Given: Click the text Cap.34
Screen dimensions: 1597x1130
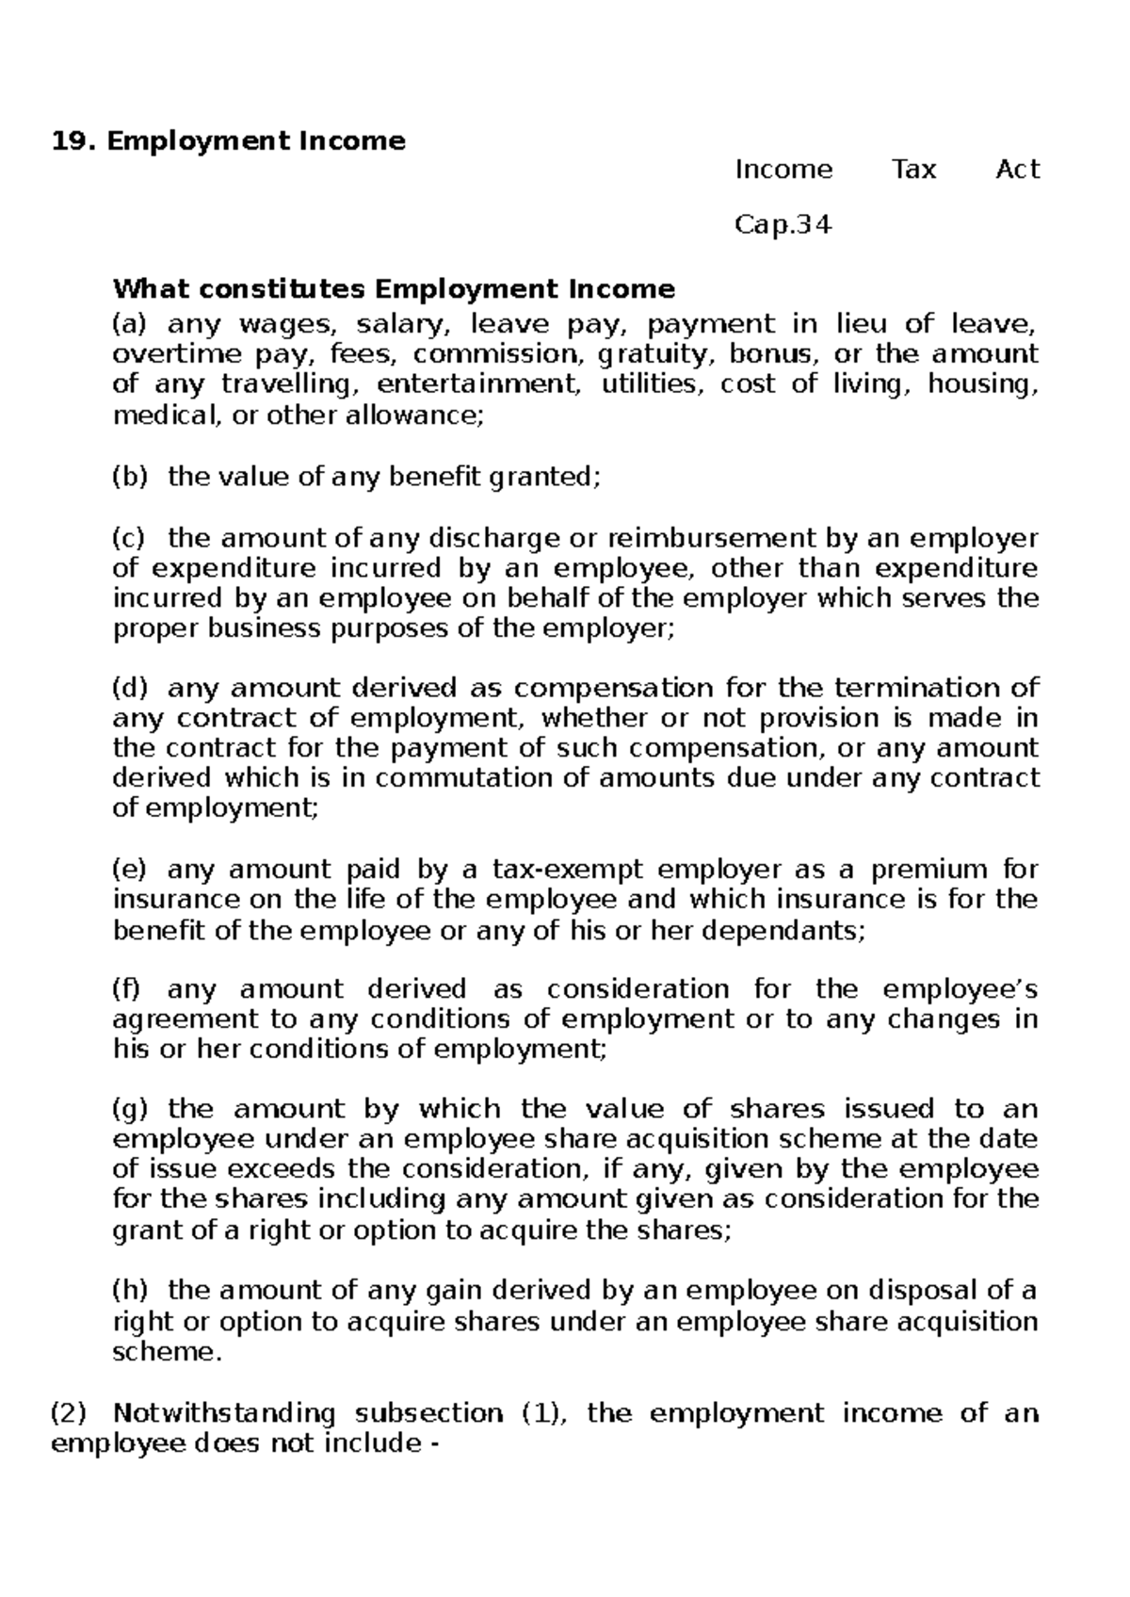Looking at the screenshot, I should coord(783,226).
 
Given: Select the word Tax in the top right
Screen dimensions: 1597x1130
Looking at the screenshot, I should coord(913,170).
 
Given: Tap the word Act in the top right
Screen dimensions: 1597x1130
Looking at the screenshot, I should coord(1017,170).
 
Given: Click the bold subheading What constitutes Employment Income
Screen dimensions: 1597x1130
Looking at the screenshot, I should coord(394,287).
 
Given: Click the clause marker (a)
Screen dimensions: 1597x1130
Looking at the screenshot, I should coord(130,325).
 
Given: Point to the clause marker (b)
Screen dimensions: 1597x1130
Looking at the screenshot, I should coord(130,478).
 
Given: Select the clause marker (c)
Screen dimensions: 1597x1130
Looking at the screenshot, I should coord(129,539).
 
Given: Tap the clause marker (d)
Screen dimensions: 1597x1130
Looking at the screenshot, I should coord(130,689).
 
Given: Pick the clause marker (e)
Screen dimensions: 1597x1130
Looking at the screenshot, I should coord(130,870).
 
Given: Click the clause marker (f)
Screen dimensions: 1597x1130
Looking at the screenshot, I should coord(126,990).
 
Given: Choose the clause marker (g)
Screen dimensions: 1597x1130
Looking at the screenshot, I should coord(130,1110).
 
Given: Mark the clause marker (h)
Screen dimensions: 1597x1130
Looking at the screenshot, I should coord(130,1291).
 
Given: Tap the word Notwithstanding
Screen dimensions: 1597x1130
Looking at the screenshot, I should coord(224,1414).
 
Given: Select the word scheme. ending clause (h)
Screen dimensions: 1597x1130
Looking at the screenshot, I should coord(169,1352).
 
